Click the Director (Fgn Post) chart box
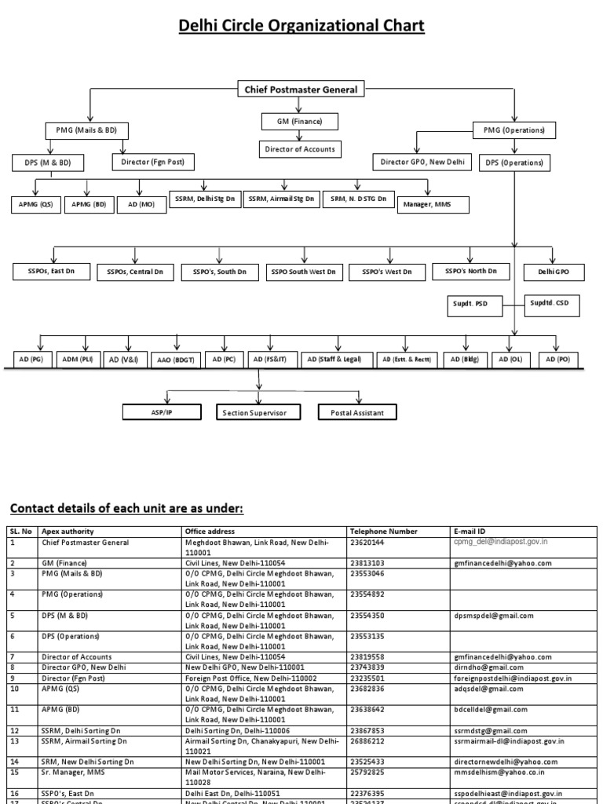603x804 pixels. point(153,163)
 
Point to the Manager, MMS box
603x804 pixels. point(434,205)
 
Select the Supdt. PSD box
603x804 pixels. point(470,306)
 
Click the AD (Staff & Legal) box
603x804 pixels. point(334,360)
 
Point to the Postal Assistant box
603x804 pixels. point(356,412)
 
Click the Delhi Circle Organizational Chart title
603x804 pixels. point(301,26)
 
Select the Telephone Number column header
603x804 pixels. point(384,531)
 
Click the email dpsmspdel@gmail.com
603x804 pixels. point(493,616)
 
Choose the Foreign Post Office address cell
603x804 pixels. point(250,678)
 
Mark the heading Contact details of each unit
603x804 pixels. point(126,509)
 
